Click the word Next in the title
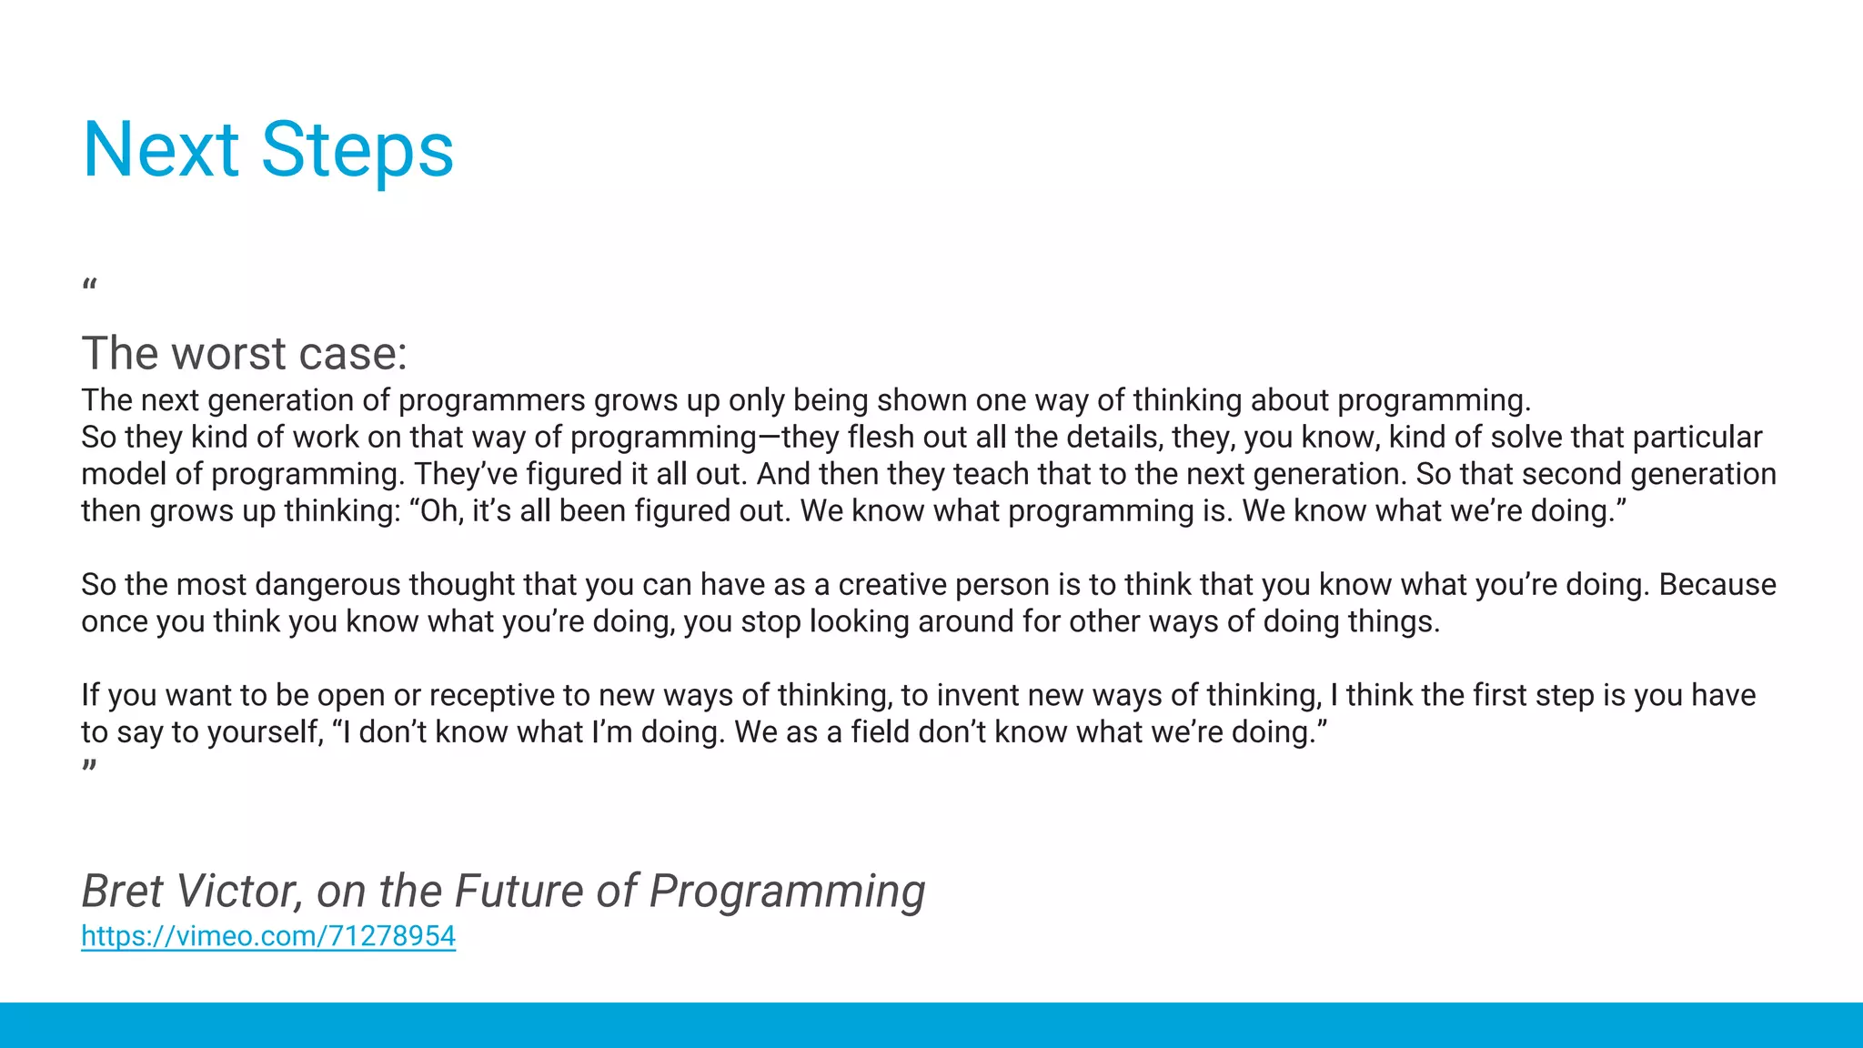[x=160, y=150]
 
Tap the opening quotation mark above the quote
[x=89, y=287]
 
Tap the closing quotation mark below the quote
[x=89, y=766]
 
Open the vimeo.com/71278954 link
[x=268, y=935]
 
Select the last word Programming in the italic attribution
[x=787, y=891]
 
